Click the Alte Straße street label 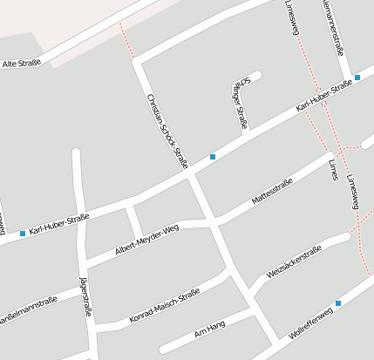[22, 64]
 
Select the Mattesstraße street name [271, 190]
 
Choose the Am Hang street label [210, 329]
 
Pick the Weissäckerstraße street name [294, 261]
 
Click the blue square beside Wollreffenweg [338, 302]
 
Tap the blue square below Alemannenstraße [357, 78]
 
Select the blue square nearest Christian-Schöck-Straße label [213, 157]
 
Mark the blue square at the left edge [23, 233]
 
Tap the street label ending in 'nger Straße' [240, 102]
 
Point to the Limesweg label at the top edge [291, 15]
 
